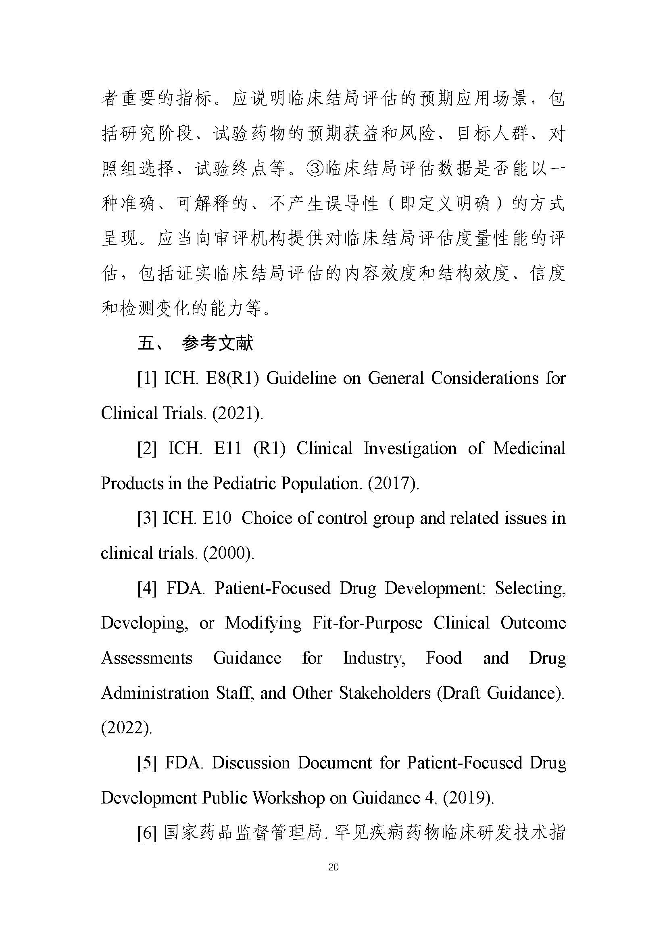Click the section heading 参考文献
(x=218, y=343)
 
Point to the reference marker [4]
(x=147, y=589)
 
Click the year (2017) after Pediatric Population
(x=393, y=483)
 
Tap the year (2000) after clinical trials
(x=228, y=554)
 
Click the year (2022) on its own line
(x=127, y=728)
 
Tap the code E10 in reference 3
(x=217, y=518)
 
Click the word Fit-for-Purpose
(x=367, y=623)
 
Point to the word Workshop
(x=289, y=798)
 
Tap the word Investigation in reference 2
(x=410, y=448)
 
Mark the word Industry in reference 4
(x=374, y=658)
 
